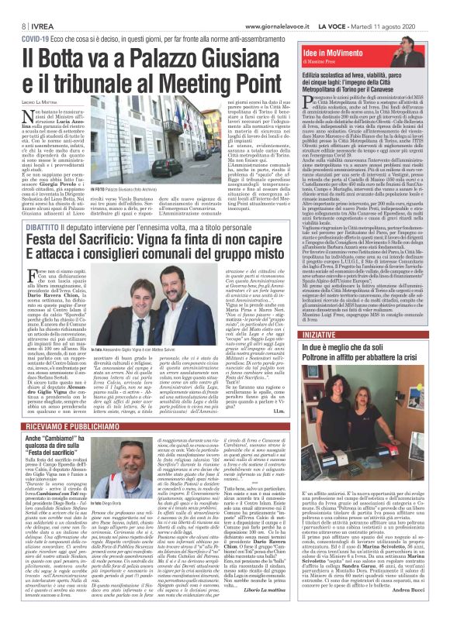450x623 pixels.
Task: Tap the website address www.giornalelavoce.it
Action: click(x=294, y=7)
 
